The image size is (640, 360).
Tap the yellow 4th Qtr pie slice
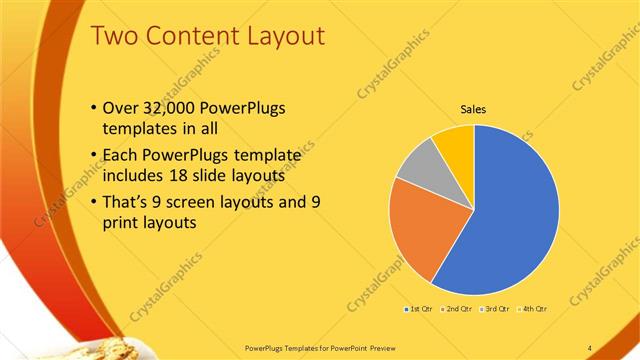coord(456,139)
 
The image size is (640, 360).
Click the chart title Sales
coord(473,109)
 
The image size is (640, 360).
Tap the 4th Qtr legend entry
coord(534,311)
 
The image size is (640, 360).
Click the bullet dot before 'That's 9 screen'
coord(94,202)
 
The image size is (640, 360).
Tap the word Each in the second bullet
coord(122,156)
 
